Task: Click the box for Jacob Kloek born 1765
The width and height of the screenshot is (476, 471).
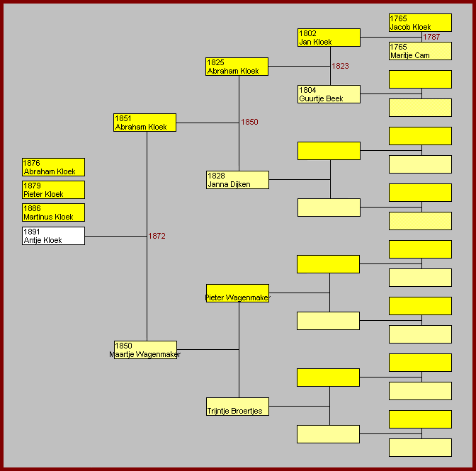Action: click(x=420, y=23)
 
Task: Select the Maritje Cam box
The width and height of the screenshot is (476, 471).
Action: click(x=420, y=51)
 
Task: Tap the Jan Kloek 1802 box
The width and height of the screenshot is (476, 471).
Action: click(x=329, y=38)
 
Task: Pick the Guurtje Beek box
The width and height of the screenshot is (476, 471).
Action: click(x=329, y=94)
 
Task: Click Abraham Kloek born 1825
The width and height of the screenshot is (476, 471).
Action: click(x=237, y=67)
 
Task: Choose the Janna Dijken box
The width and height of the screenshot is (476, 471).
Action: click(x=237, y=180)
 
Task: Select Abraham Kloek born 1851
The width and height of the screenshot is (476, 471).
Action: click(x=144, y=123)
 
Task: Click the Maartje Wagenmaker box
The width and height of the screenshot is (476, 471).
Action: click(x=145, y=350)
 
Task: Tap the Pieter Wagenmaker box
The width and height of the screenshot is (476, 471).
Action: click(x=237, y=293)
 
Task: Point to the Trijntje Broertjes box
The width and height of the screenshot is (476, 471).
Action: click(x=237, y=407)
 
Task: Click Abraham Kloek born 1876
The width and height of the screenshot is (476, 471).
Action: click(x=53, y=167)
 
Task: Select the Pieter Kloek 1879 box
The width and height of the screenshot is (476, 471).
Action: click(x=53, y=190)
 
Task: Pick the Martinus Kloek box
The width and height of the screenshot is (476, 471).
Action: click(x=53, y=212)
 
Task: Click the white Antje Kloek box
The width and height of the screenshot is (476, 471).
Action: click(x=53, y=236)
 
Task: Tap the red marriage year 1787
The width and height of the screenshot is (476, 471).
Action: click(x=431, y=37)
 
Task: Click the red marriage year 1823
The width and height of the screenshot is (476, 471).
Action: click(x=341, y=66)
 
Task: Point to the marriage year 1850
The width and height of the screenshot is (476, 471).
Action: click(x=249, y=122)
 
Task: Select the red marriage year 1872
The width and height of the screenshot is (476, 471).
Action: click(x=157, y=236)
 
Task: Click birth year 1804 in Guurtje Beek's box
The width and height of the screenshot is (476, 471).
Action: click(x=307, y=90)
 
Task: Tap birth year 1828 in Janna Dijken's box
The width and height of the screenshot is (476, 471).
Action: click(x=216, y=176)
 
